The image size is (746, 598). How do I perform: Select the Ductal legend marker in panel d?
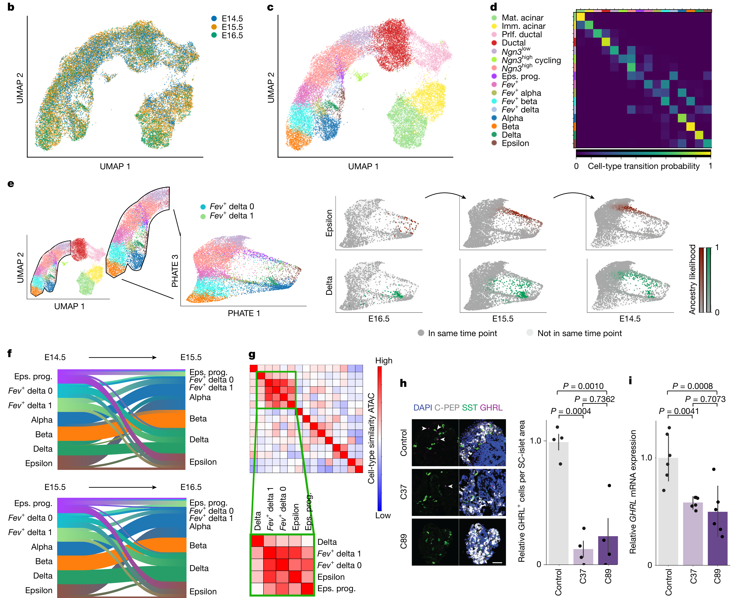[x=494, y=43]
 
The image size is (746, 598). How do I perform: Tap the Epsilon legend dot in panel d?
[x=494, y=143]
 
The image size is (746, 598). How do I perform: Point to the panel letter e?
[x=11, y=184]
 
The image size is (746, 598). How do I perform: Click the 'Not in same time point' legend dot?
[x=529, y=333]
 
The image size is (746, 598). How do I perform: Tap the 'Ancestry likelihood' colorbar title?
[x=692, y=279]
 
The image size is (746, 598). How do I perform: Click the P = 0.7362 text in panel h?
[x=594, y=399]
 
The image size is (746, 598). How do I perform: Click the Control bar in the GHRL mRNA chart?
[x=668, y=511]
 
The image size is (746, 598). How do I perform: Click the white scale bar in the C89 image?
[x=497, y=563]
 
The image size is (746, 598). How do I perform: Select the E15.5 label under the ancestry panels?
[x=503, y=319]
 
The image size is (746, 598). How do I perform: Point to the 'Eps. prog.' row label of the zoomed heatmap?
[x=336, y=589]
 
